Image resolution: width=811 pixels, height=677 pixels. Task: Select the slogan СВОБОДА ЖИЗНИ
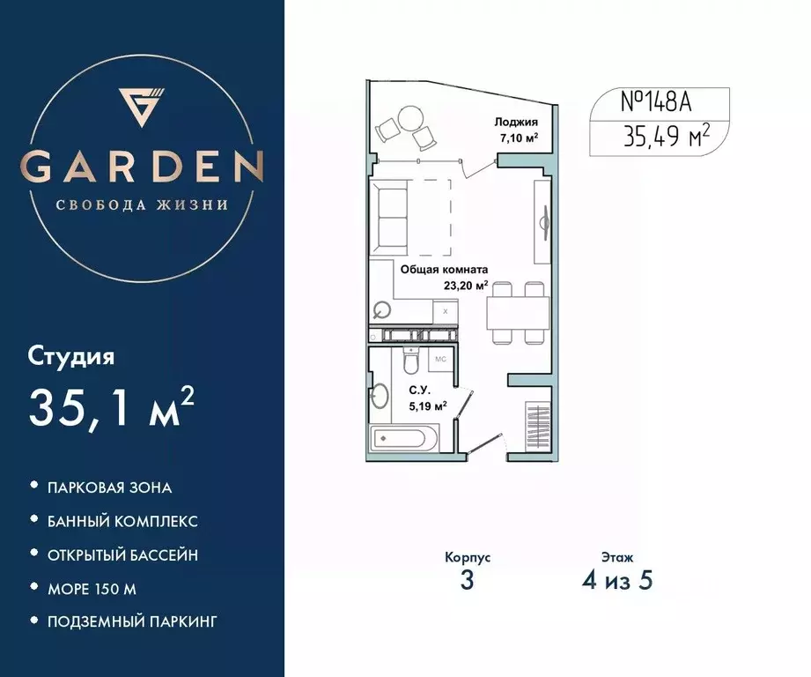point(142,205)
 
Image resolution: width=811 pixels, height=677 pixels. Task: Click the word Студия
point(72,357)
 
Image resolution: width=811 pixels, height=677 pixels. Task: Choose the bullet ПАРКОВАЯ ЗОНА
point(110,487)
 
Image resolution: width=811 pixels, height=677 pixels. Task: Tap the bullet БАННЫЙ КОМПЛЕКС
point(122,520)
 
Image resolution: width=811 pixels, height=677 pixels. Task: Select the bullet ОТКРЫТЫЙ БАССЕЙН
point(122,554)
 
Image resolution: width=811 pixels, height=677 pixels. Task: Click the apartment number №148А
point(656,103)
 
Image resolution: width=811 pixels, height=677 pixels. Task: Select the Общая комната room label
point(445,271)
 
